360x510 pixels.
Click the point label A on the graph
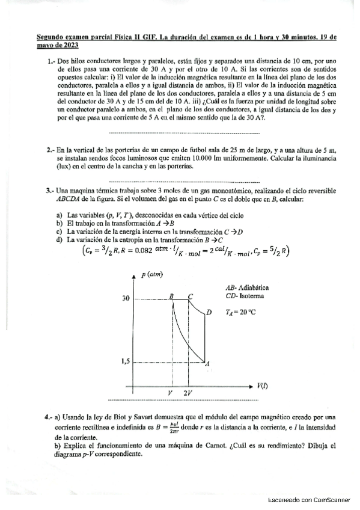point(207,364)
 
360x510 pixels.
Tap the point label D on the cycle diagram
point(209,312)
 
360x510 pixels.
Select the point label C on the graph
point(191,296)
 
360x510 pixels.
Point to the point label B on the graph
point(172,296)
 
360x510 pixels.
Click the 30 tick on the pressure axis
point(126,298)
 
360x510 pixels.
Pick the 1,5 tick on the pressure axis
point(125,361)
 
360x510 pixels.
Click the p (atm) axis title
point(152,275)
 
